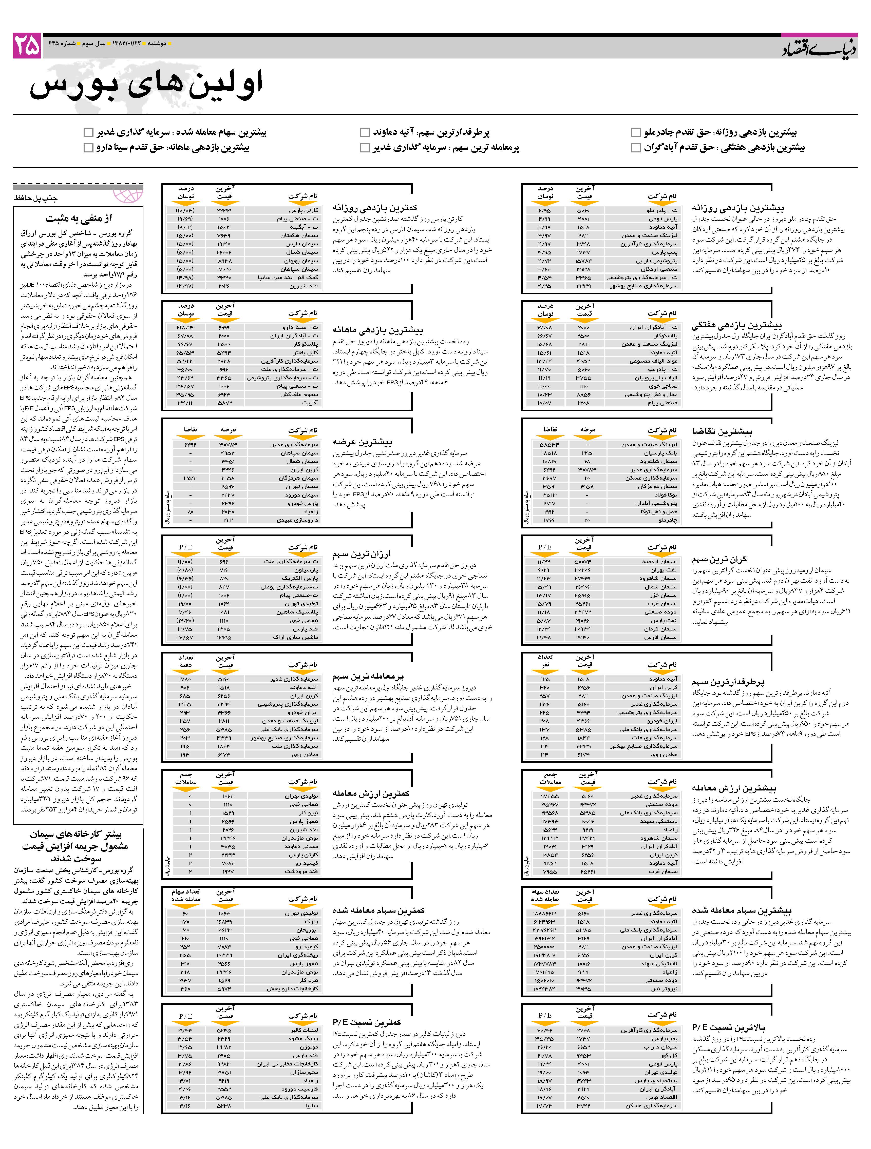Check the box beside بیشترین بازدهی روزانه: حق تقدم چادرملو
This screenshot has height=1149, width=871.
point(636,132)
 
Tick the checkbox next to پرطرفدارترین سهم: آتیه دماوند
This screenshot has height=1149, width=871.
point(365,132)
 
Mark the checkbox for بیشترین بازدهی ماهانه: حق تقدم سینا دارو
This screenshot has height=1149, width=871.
point(88,148)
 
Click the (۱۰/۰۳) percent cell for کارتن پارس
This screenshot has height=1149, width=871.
point(185,210)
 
